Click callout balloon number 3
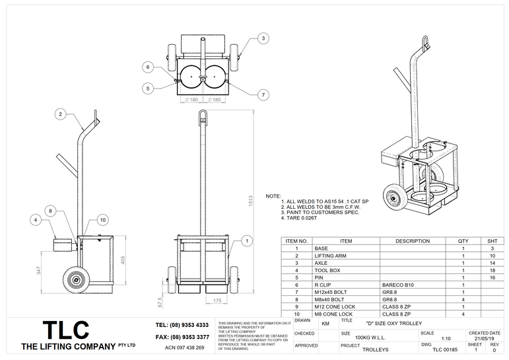262,38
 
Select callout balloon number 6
149,67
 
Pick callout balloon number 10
102,219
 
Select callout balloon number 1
246,242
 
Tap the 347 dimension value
39,271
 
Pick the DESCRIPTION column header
413,241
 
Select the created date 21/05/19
485,339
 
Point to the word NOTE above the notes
273,196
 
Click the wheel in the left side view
77,280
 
